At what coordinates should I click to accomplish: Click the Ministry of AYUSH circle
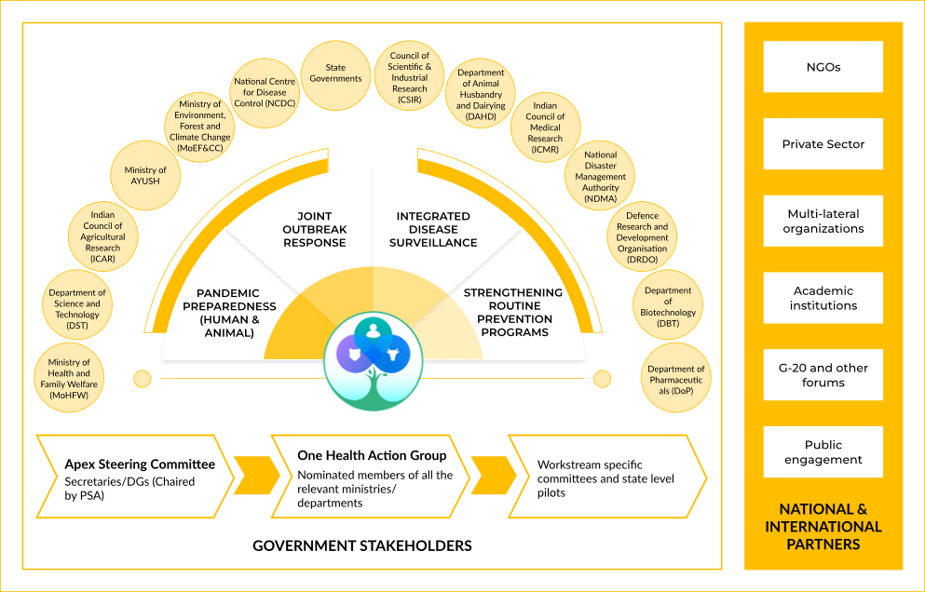pos(145,175)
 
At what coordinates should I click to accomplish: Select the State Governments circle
pos(335,74)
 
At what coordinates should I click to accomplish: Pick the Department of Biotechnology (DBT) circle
pos(668,303)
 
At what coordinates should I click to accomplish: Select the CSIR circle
pos(410,74)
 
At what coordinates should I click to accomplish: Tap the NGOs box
pos(823,67)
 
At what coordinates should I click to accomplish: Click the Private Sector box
pos(823,144)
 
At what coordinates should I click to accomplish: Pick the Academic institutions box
pos(823,298)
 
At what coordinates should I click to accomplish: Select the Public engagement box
pos(823,452)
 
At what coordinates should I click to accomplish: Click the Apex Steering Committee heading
pos(140,464)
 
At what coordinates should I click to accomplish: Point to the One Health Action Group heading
pos(372,455)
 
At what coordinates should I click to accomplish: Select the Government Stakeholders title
pos(362,545)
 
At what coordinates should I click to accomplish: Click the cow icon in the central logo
pos(393,354)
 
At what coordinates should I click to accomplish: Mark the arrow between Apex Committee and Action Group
pos(254,475)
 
